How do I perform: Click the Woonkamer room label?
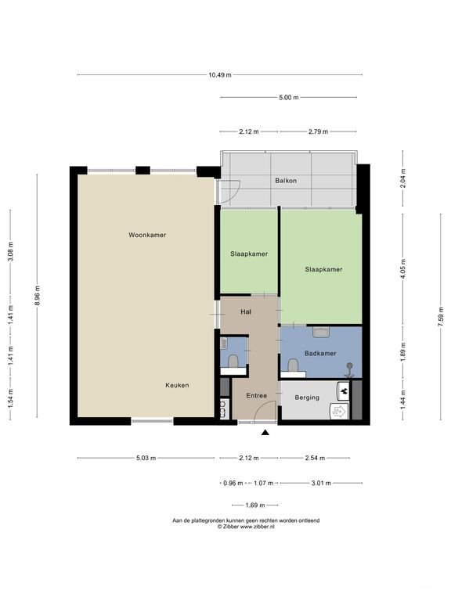coord(147,235)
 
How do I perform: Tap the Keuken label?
coord(177,385)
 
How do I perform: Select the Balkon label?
coord(286,181)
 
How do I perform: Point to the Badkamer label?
coord(320,354)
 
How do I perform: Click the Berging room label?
coord(307,398)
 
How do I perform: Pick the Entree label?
coord(256,395)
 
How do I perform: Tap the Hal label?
coord(246,312)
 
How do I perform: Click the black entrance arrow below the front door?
coord(265,433)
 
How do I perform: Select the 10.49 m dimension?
coord(220,75)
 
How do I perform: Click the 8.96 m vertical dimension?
coord(38,296)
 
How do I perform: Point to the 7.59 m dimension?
coord(441,316)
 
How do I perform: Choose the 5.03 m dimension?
coord(146,458)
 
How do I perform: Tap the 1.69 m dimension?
coord(255,506)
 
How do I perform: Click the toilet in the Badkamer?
coord(294,365)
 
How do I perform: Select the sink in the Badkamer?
coord(321,332)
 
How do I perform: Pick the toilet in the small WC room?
coord(233,361)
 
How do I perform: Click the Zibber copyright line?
coord(246,527)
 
